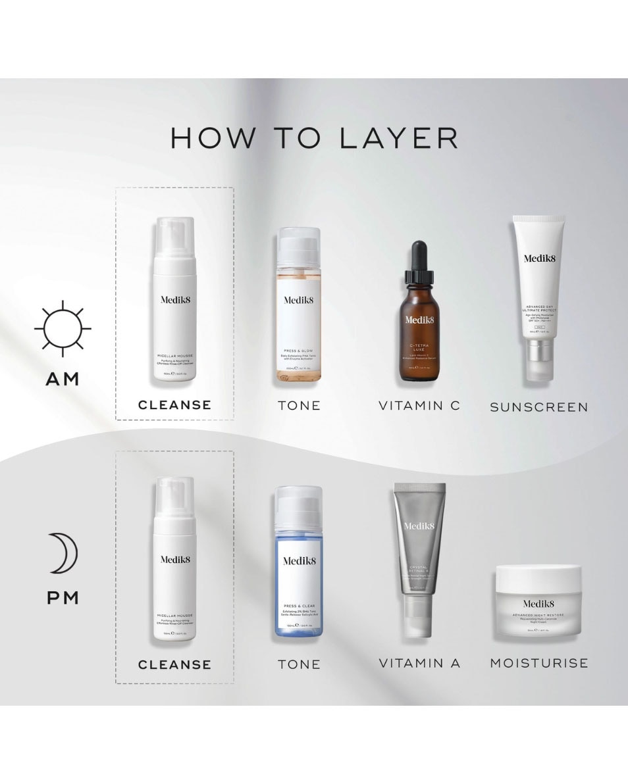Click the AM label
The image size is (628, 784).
click(x=63, y=379)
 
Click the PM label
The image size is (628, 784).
click(x=63, y=598)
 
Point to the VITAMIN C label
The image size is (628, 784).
click(x=419, y=406)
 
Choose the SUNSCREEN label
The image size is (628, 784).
click(x=538, y=407)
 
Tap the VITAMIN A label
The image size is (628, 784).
click(x=419, y=663)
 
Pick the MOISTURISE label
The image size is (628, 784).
click(x=538, y=663)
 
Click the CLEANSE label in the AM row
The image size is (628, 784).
click(x=174, y=405)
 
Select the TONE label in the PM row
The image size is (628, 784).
click(x=299, y=664)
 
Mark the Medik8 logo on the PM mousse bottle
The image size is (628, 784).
click(x=174, y=559)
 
